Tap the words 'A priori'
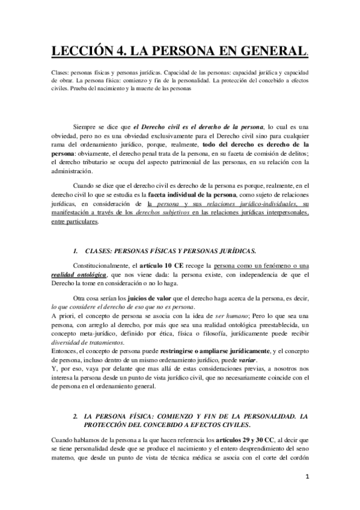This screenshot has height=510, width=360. tap(62, 316)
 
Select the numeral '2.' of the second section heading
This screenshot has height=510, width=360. tap(75, 415)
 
